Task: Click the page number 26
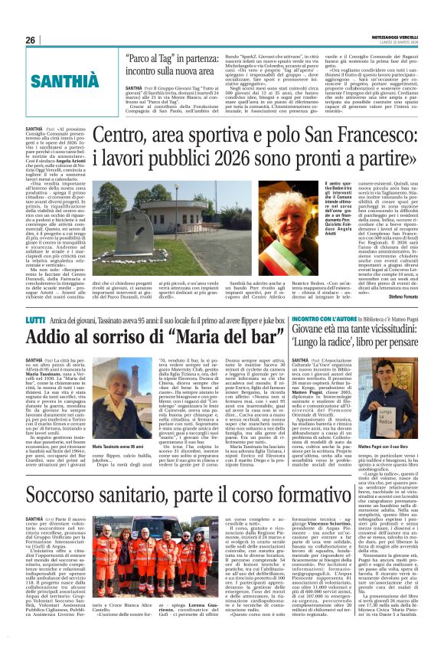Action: (31, 40)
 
